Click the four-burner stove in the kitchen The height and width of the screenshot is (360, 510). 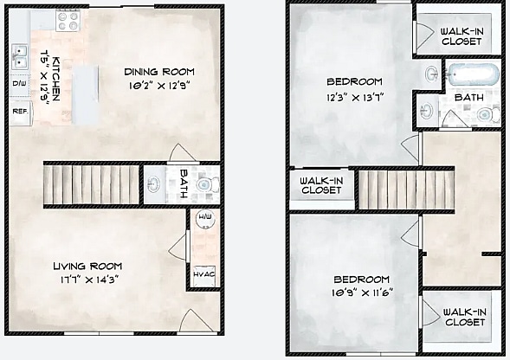coord(67,18)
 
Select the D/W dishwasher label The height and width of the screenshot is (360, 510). coord(19,84)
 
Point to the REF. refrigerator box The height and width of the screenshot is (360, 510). coord(19,112)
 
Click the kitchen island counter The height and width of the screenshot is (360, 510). coord(86,93)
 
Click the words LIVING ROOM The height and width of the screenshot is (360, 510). coord(86,266)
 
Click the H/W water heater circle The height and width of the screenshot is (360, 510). coord(204,219)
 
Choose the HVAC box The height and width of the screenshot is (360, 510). coord(203,274)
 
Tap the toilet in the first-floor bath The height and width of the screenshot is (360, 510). coord(205,183)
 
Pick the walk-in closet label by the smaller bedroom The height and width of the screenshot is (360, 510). coord(463,317)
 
